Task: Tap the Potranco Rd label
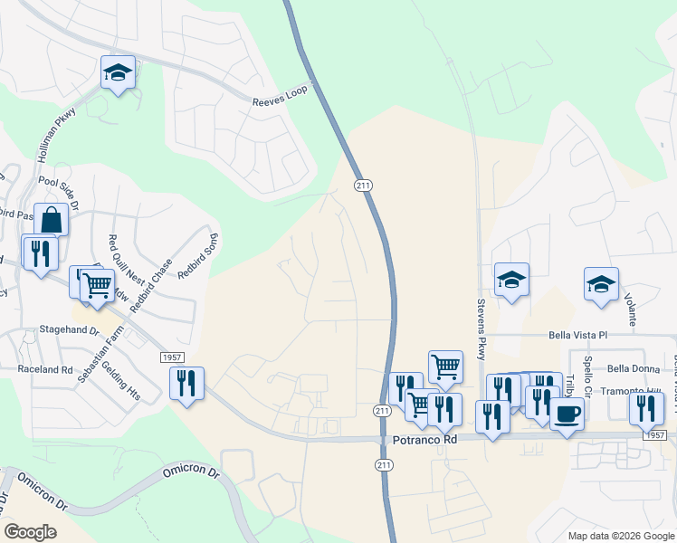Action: point(425,439)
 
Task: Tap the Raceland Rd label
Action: point(45,369)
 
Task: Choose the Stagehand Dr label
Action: point(69,331)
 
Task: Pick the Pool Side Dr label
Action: point(72,189)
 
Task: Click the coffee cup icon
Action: point(567,414)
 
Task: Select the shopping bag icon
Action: point(51,219)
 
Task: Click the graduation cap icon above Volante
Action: point(602,283)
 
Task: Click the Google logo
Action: point(30,531)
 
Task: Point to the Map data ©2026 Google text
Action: point(620,536)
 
